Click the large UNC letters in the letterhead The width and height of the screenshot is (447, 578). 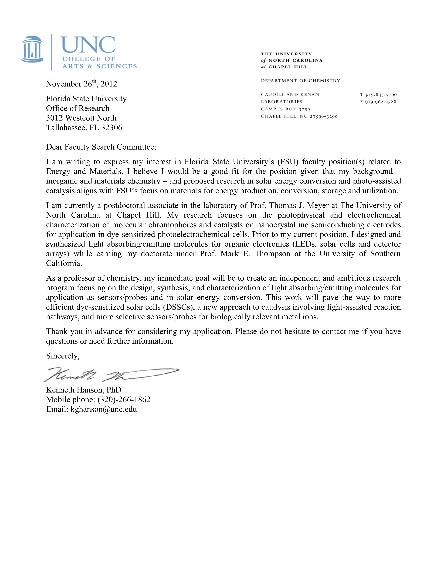(x=88, y=45)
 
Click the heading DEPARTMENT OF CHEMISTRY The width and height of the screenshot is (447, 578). (x=300, y=81)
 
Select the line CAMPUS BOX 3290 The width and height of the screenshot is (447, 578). (x=285, y=109)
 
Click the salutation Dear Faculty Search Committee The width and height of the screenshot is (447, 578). (x=101, y=147)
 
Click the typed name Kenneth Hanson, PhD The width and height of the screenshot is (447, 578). (x=84, y=390)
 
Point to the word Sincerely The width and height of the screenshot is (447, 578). (x=63, y=356)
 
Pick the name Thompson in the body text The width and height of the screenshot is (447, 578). (x=272, y=254)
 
